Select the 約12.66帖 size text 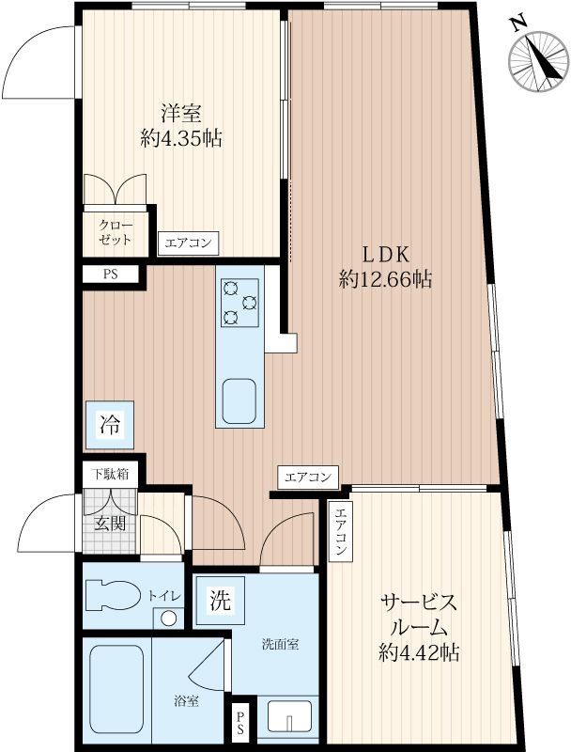386,279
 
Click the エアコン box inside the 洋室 188,243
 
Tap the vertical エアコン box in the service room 341,531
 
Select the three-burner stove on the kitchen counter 239,303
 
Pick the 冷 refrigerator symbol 109,424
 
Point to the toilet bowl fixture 111,594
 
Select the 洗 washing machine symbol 219,601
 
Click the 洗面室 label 280,645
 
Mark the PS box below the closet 109,274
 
